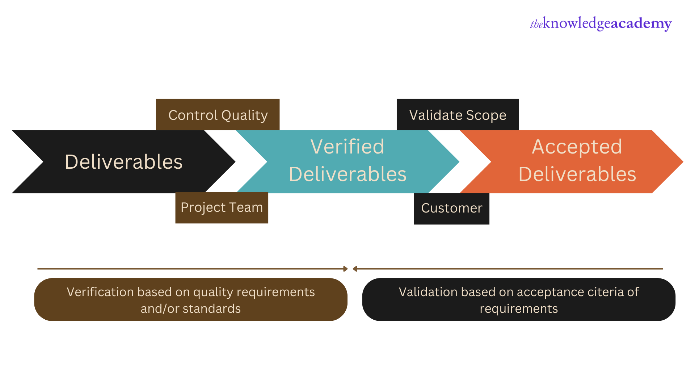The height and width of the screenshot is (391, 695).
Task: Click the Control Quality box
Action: click(x=218, y=115)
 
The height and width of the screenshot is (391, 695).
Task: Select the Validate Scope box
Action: click(x=458, y=115)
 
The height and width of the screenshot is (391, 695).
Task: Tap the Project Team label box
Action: click(x=222, y=208)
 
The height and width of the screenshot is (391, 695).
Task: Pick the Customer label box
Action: click(x=451, y=209)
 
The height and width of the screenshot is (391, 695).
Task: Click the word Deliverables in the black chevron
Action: click(x=123, y=162)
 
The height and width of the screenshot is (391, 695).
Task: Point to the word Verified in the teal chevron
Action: click(x=347, y=147)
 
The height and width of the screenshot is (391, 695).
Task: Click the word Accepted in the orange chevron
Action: click(x=577, y=147)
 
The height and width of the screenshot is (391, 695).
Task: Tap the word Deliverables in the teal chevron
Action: click(x=347, y=174)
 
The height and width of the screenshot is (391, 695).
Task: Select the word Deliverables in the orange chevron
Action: click(x=577, y=174)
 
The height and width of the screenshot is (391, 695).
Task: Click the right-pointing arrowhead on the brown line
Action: click(x=345, y=269)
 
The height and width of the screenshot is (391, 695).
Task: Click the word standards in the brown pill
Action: click(x=211, y=309)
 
